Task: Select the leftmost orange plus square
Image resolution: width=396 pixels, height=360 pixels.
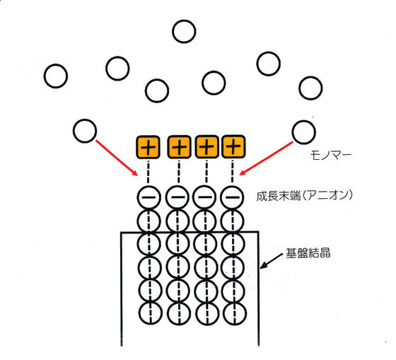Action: pos(148,147)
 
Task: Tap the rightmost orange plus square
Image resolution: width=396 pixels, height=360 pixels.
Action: pos(233,146)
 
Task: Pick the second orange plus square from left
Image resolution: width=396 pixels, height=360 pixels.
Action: pos(179,147)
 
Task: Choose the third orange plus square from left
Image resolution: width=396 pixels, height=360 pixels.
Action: pos(206,147)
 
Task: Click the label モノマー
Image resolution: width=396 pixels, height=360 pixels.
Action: pos(330,155)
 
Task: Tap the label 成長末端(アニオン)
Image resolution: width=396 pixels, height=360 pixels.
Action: pos(304,196)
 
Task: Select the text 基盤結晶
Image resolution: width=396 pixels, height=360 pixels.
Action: pos(308,253)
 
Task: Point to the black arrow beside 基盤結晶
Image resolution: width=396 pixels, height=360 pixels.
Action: pos(272,261)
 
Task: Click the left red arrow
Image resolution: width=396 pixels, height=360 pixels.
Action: pos(117,158)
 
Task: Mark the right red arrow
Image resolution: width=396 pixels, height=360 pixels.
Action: pos(266,158)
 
